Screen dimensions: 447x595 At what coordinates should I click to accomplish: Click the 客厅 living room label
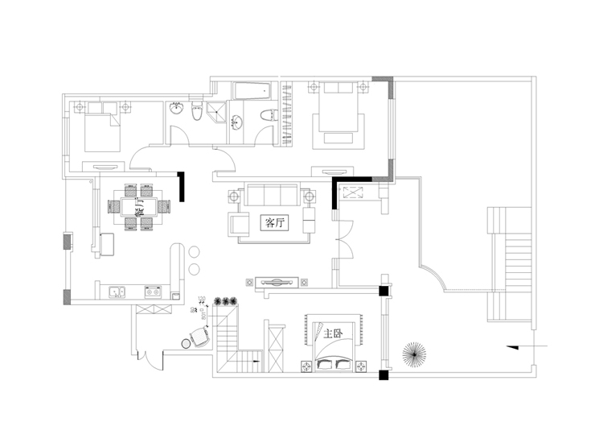click(275, 223)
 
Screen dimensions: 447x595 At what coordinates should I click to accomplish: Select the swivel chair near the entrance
click(199, 337)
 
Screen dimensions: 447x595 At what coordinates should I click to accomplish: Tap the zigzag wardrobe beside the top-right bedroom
click(287, 113)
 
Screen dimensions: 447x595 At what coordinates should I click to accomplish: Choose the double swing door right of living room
click(343, 239)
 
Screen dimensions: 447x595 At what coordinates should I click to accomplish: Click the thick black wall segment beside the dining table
click(183, 188)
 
